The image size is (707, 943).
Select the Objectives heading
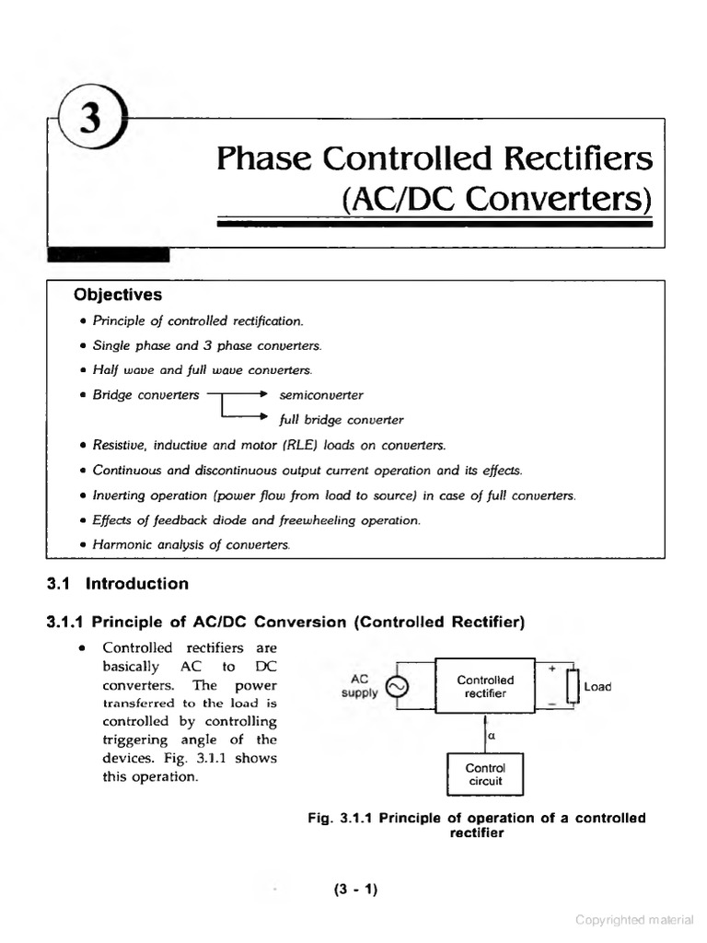(118, 295)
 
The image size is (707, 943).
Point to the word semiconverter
(321, 395)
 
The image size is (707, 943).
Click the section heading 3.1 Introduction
(118, 584)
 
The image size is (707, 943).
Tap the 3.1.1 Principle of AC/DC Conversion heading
(285, 623)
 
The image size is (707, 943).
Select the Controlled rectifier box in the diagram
(485, 686)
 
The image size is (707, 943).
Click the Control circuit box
(485, 774)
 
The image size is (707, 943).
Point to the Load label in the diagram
(597, 687)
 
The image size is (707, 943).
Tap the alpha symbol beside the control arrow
(493, 736)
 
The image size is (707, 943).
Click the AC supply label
(359, 686)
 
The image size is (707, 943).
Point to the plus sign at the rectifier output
(551, 668)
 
